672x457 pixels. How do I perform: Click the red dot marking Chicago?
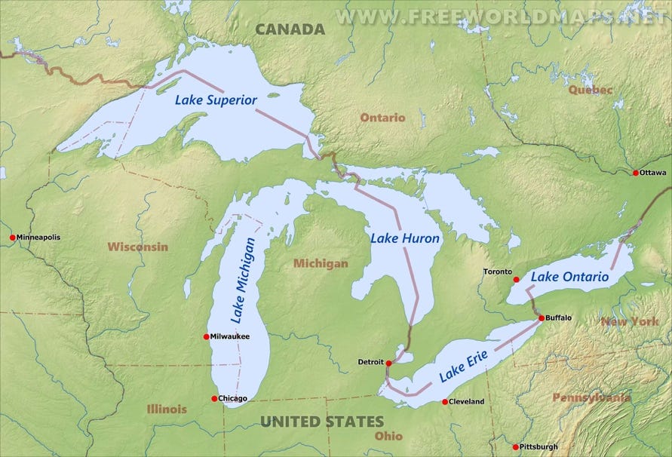[214, 398]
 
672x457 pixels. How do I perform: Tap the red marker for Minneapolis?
[12, 238]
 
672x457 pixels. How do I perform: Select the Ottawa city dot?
[636, 173]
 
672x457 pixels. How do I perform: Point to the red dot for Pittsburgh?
[516, 447]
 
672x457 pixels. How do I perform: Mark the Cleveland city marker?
[445, 401]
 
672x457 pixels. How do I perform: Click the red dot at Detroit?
[388, 363]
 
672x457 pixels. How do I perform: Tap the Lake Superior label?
[216, 100]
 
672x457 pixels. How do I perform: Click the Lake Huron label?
[405, 238]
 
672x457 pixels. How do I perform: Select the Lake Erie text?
[464, 365]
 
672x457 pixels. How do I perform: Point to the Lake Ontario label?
[569, 277]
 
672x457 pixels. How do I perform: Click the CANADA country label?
[290, 29]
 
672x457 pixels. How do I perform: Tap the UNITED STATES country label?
[322, 422]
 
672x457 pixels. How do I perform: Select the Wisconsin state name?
[137, 247]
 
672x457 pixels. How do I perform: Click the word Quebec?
[569, 90]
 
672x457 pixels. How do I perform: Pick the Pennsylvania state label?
[591, 397]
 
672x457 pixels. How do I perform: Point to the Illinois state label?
[167, 409]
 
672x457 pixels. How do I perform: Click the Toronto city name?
[498, 271]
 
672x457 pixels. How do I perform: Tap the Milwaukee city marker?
[207, 336]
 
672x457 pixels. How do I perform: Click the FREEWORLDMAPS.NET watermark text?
[502, 16]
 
